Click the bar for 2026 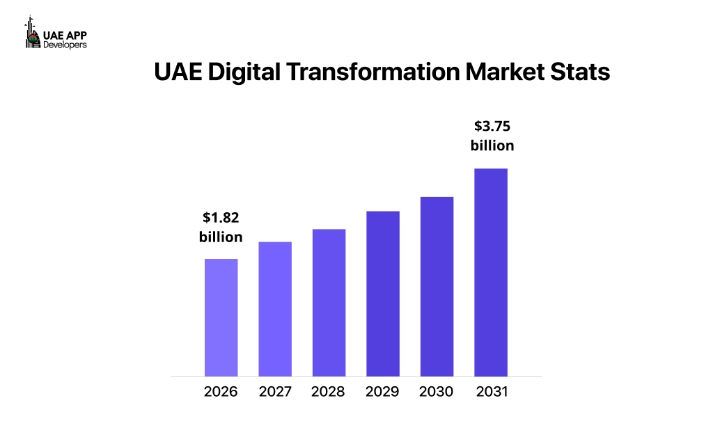(221, 317)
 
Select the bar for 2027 (275, 309)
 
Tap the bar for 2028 (329, 303)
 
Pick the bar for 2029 (383, 294)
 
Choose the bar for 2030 (437, 287)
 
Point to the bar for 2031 (491, 272)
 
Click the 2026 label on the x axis (221, 391)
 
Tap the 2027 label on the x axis (275, 391)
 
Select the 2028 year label (329, 391)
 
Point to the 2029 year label (383, 391)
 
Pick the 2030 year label (437, 391)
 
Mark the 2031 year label (491, 391)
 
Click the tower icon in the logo (31, 33)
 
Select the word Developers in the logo (65, 44)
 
